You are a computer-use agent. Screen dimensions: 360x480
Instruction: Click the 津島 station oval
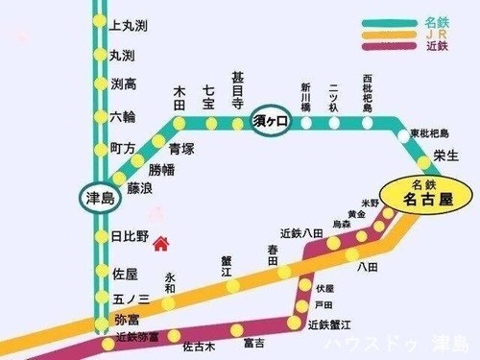[99, 199]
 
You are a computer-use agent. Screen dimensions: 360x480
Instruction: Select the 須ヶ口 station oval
[271, 124]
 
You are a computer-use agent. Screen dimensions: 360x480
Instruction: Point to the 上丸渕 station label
[128, 24]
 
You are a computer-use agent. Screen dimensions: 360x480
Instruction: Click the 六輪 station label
[124, 116]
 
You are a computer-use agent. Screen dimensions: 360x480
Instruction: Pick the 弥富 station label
[127, 317]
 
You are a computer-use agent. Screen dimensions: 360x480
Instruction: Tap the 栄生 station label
[445, 154]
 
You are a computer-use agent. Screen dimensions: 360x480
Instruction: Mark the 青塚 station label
[181, 149]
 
